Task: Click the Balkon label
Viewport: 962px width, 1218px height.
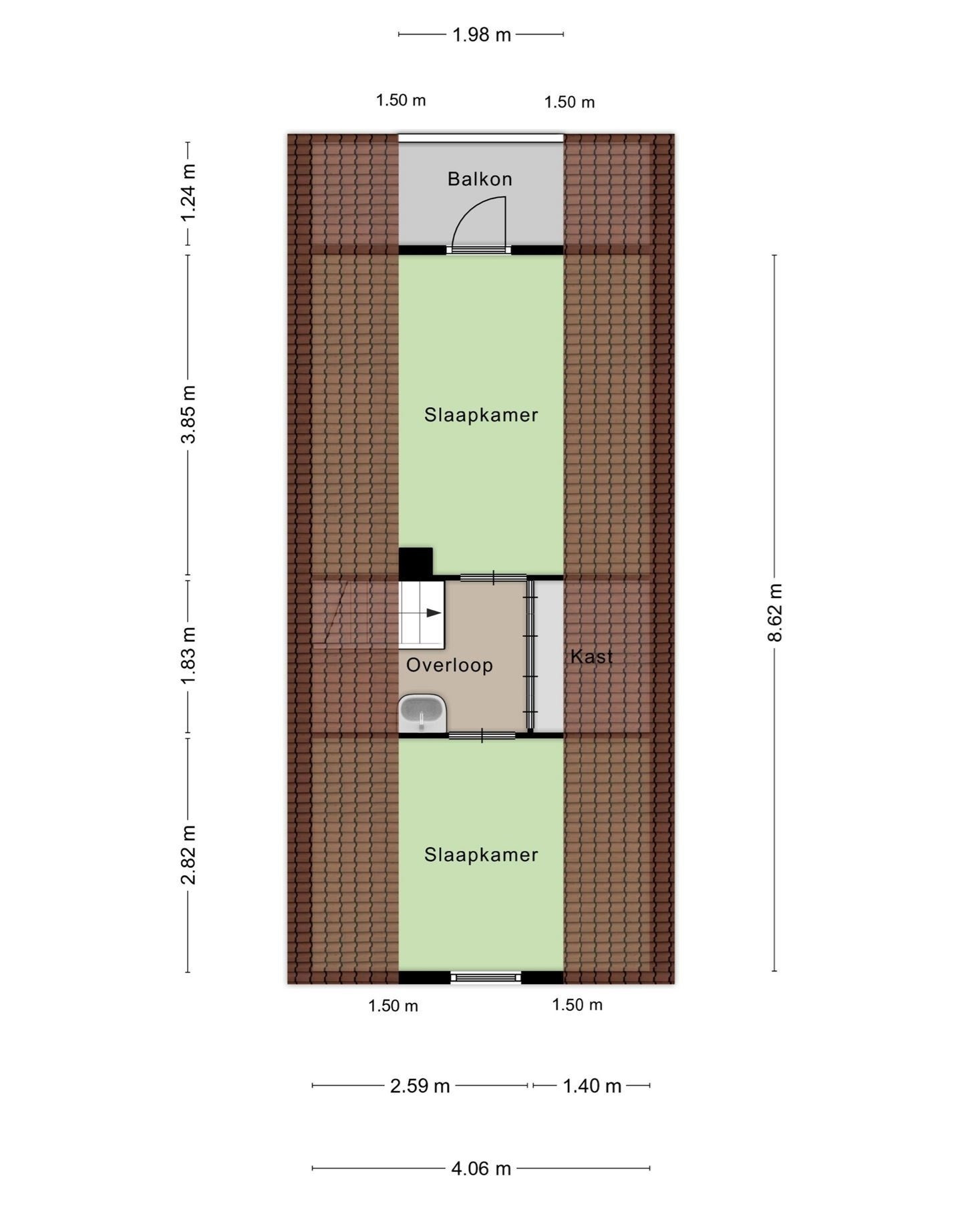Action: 480,179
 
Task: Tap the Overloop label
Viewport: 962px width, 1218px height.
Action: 450,665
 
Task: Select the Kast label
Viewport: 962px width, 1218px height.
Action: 591,657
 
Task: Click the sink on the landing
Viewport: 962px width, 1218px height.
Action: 422,714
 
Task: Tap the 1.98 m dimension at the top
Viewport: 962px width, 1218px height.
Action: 481,35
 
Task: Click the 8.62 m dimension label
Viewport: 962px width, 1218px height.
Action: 774,612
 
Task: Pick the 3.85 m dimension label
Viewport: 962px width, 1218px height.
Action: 188,414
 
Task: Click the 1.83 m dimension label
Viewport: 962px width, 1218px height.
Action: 188,655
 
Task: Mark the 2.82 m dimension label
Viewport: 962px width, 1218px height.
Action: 188,855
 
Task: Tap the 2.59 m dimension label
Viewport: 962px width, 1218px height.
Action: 420,1086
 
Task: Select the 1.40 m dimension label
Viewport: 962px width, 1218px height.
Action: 592,1086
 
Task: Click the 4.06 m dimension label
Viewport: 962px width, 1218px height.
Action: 481,1169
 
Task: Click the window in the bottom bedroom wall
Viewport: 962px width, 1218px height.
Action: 486,977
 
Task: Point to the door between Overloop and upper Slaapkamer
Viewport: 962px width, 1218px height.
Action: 493,577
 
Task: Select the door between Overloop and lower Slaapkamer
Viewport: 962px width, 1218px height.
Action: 482,736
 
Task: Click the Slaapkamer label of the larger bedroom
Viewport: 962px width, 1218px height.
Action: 481,415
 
